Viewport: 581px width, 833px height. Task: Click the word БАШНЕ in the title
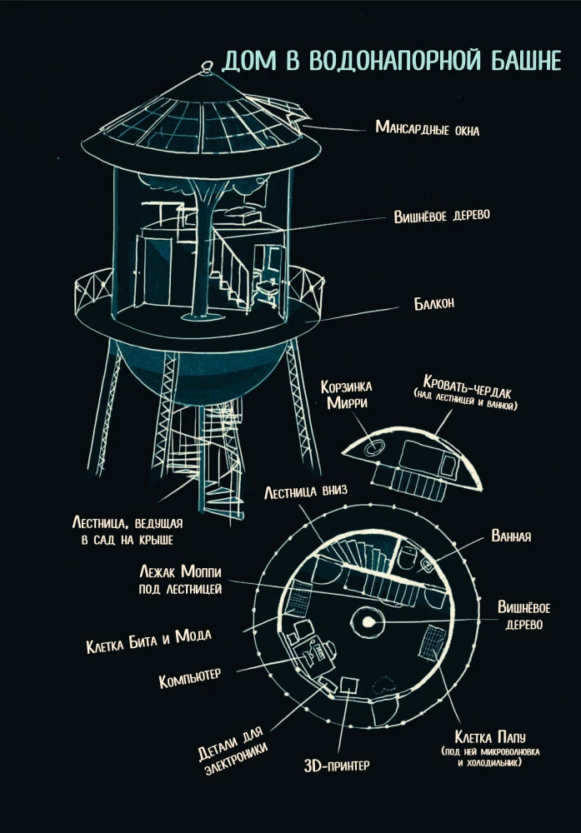525,61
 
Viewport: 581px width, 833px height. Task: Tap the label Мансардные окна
428,128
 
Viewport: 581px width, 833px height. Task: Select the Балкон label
434,303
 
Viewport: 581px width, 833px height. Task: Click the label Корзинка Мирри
346,394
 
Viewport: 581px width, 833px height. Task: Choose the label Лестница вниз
306,492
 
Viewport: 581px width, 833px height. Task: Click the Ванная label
511,536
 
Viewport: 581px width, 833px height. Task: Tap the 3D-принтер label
337,766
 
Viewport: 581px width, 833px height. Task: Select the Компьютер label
190,678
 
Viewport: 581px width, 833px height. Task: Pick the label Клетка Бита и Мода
149,641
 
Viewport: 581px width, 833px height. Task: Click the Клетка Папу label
489,737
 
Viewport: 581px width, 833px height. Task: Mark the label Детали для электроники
232,751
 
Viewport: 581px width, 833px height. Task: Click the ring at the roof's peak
207,67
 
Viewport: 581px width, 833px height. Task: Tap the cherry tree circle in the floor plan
368,621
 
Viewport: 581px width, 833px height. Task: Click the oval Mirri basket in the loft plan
373,448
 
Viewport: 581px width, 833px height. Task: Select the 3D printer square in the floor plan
348,685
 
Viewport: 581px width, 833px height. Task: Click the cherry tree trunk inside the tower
202,255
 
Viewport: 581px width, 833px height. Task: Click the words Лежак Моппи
180,571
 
